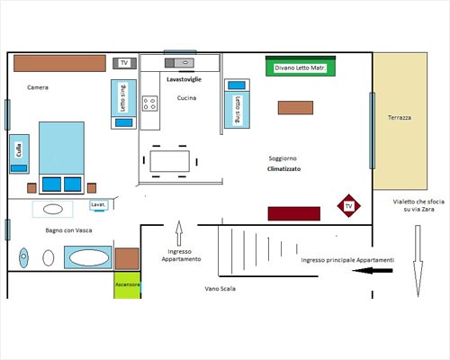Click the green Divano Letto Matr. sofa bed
click(x=301, y=66)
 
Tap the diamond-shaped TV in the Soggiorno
click(x=348, y=206)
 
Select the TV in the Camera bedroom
click(x=124, y=63)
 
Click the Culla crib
click(x=19, y=154)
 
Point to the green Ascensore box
click(x=127, y=285)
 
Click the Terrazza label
click(x=400, y=118)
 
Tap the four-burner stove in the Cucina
click(x=149, y=103)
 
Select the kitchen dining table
click(x=170, y=161)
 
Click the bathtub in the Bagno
click(x=88, y=257)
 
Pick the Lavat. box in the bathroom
click(x=98, y=205)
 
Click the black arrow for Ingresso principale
click(x=373, y=271)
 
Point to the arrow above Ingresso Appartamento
click(x=179, y=233)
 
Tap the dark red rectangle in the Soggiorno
click(x=294, y=213)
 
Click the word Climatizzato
click(x=283, y=169)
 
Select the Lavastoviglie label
click(x=184, y=79)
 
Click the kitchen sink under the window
click(x=179, y=63)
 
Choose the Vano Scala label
click(x=220, y=289)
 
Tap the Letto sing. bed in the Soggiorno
click(x=237, y=103)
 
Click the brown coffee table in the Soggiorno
click(x=295, y=108)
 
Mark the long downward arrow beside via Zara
click(x=418, y=261)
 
